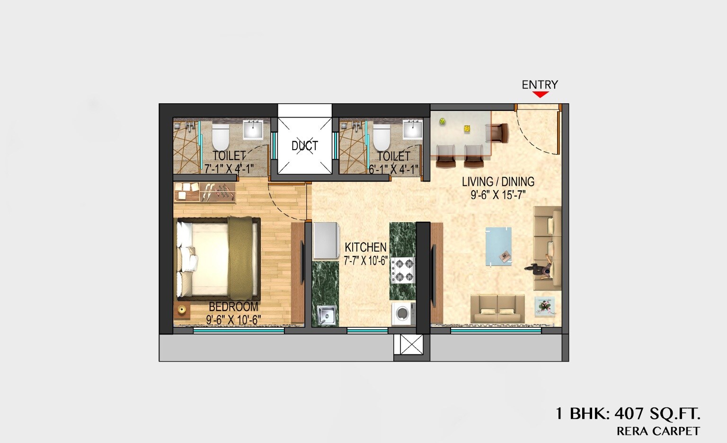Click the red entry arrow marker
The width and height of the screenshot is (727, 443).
tap(540, 94)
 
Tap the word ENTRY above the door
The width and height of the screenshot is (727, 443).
tap(540, 85)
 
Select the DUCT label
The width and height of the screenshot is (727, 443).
tap(304, 146)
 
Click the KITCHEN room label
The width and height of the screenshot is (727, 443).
tap(365, 247)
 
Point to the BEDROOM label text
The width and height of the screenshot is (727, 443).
tap(233, 307)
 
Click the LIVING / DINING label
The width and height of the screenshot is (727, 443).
tap(498, 181)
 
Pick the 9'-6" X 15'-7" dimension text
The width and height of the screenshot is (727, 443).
tap(498, 195)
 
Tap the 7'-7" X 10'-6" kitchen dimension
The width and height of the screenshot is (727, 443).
tap(366, 261)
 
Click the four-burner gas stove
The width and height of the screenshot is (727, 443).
tap(402, 271)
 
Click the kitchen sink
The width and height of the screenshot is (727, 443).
tap(326, 315)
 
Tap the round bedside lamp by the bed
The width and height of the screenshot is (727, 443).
tap(182, 310)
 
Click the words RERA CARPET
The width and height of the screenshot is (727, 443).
tap(658, 431)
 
